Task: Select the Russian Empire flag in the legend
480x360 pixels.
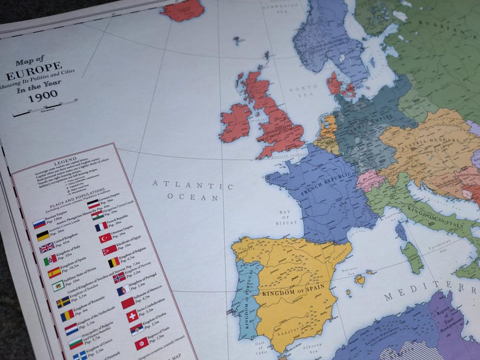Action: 39,223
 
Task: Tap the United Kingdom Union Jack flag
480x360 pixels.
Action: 47,247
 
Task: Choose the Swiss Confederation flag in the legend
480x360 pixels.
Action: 132,316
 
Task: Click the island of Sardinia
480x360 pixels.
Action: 413,257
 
